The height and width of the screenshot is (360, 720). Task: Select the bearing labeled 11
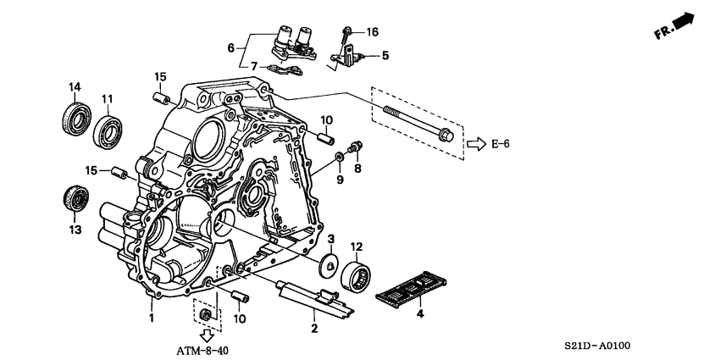coord(108,130)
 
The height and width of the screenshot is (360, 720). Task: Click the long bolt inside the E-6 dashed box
coord(419,123)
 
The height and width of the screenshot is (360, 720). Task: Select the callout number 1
coord(152,318)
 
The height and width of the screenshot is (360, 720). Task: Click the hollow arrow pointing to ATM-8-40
coord(204,334)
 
